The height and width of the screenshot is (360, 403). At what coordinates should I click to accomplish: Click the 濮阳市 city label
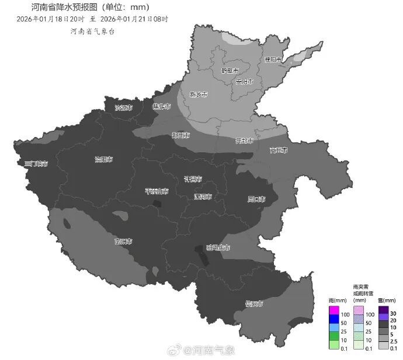click(x=273, y=60)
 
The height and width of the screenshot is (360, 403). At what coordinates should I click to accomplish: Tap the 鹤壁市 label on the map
click(x=230, y=71)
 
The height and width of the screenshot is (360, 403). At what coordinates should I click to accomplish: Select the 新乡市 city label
click(x=199, y=95)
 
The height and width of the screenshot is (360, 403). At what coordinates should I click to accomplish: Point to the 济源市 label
click(x=123, y=108)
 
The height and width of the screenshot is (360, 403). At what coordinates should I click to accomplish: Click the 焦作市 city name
click(x=161, y=107)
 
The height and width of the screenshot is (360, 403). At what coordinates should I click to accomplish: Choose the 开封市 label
click(x=244, y=141)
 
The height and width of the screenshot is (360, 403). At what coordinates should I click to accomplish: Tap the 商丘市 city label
click(x=279, y=151)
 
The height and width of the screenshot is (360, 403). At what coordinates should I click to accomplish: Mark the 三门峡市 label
click(x=36, y=164)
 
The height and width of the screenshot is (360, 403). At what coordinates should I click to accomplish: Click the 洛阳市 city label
click(x=104, y=159)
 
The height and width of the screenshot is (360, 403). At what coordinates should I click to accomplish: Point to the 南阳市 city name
click(x=123, y=241)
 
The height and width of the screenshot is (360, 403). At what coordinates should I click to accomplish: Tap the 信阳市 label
click(x=253, y=304)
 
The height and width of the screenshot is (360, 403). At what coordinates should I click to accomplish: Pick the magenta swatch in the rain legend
click(x=334, y=309)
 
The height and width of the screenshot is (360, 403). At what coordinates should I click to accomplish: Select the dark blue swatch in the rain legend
click(x=334, y=320)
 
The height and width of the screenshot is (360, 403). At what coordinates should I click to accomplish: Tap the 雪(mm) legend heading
click(x=384, y=300)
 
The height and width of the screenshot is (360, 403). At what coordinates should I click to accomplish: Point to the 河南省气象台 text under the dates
click(x=92, y=31)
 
